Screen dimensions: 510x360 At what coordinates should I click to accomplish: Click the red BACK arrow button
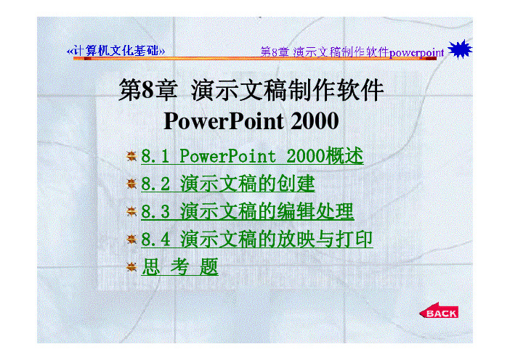(439, 311)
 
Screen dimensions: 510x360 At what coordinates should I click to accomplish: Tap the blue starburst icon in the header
(460, 49)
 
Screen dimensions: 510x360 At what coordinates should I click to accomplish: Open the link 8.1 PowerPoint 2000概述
(252, 155)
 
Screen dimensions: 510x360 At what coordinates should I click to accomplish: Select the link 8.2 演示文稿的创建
(227, 184)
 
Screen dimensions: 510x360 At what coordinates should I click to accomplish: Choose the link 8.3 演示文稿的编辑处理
(247, 211)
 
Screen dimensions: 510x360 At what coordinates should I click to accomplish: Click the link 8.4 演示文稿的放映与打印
(256, 240)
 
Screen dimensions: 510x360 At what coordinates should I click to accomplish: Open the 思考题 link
(179, 267)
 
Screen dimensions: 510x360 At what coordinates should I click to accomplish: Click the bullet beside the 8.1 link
(131, 156)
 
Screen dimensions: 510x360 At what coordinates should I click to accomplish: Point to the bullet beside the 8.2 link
(131, 184)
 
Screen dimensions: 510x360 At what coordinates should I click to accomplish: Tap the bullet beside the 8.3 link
(131, 212)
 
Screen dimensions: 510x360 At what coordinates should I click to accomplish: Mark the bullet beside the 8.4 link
(131, 240)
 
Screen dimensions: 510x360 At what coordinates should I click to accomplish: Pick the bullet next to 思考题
(131, 267)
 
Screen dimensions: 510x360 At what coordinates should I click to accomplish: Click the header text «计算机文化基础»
(116, 51)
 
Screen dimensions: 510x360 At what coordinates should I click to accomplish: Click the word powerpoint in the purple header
(416, 53)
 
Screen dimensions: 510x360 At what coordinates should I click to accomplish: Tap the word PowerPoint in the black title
(224, 121)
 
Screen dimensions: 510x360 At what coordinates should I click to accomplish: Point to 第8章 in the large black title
(148, 90)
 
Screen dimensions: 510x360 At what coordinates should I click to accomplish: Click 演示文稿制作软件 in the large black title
(287, 90)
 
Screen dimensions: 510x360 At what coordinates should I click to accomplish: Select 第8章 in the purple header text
(275, 52)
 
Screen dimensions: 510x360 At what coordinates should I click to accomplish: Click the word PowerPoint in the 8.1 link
(227, 155)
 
